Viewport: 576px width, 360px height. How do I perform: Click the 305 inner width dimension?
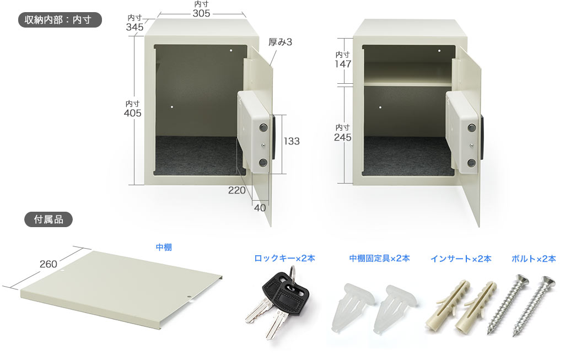click(201, 13)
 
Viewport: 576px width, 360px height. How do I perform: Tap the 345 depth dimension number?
click(134, 27)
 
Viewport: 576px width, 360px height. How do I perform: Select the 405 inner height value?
click(132, 113)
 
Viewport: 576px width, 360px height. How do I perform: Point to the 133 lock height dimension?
click(291, 141)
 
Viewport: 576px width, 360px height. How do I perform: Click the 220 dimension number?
click(236, 190)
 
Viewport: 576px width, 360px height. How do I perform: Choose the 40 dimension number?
click(260, 208)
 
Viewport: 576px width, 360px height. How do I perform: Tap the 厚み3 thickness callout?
click(280, 42)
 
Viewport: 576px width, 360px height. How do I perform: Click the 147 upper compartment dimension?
click(343, 64)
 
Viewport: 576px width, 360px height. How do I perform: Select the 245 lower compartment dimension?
click(342, 137)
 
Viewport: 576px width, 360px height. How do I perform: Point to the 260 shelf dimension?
click(48, 264)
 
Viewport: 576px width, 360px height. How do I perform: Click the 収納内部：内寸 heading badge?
click(60, 20)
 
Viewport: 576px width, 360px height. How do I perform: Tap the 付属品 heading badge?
click(49, 219)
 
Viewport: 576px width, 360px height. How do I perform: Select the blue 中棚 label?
click(164, 247)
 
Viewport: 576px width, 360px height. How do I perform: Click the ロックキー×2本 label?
click(284, 258)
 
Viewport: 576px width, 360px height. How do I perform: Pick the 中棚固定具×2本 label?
click(379, 258)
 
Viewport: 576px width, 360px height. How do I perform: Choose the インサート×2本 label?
click(461, 259)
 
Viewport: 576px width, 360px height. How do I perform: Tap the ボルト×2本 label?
click(534, 259)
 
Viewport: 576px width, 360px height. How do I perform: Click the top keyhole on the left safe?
click(263, 128)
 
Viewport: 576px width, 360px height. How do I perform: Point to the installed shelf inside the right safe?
click(408, 84)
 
